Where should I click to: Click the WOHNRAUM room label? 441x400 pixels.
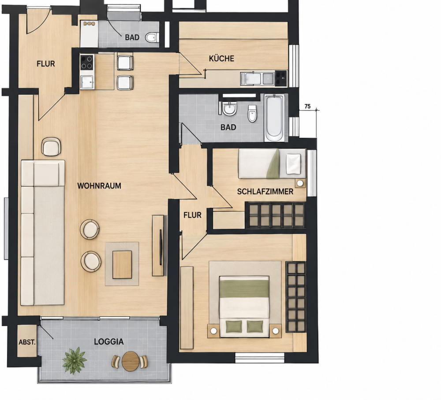tap(99, 186)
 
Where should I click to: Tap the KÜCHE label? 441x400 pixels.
tap(222, 59)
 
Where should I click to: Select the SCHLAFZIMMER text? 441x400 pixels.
tap(265, 192)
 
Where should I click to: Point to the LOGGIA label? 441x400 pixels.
tap(109, 342)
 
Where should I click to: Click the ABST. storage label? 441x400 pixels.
tap(27, 342)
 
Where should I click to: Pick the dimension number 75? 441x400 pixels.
tap(307, 107)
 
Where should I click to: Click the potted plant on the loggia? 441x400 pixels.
tap(74, 360)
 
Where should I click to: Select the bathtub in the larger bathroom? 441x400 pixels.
tap(274, 118)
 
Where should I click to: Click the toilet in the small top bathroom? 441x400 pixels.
tap(152, 37)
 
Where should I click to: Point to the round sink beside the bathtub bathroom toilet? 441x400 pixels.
tap(230, 109)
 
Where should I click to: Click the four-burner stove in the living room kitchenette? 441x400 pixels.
tap(87, 63)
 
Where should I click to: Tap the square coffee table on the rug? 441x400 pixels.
tap(122, 265)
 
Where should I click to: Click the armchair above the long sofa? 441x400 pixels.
tap(51, 147)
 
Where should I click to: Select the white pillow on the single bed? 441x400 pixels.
tap(294, 164)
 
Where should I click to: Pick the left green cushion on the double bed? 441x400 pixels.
tap(234, 326)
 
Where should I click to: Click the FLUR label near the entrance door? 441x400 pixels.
tap(46, 64)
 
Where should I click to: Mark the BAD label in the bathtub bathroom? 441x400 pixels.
tap(228, 127)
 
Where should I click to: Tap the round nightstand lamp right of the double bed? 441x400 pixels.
tap(276, 331)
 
